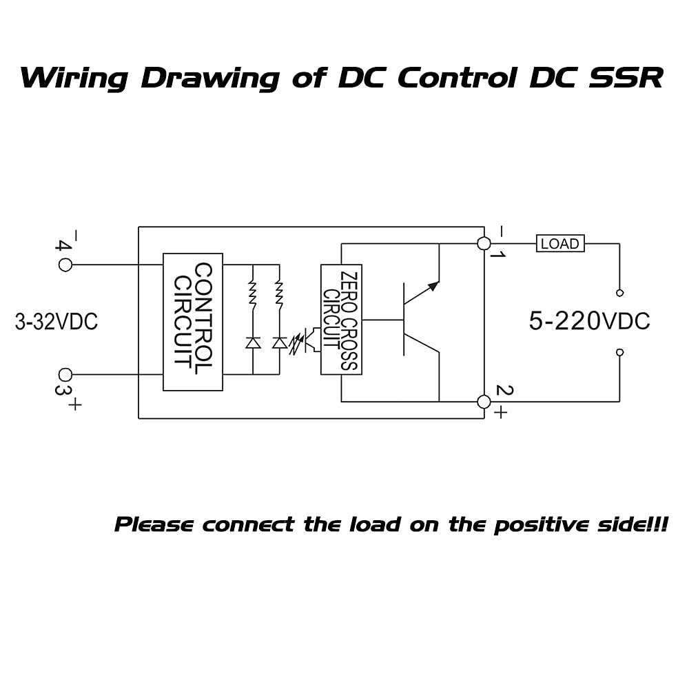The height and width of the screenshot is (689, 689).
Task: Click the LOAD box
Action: click(x=560, y=243)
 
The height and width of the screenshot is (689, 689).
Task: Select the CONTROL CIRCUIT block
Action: click(x=193, y=322)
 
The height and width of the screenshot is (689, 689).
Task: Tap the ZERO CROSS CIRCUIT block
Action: click(x=341, y=320)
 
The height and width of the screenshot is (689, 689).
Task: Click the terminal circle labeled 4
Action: click(x=65, y=264)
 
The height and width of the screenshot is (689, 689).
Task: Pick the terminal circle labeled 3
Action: click(x=65, y=375)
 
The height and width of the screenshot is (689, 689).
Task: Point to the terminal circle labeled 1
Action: click(x=484, y=243)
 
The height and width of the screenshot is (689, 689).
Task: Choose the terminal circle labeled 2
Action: click(x=484, y=402)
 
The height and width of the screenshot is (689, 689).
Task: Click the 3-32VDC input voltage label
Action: click(x=56, y=322)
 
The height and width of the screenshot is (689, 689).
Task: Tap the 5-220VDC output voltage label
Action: click(x=589, y=321)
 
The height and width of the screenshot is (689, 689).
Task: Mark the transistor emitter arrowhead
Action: click(x=432, y=286)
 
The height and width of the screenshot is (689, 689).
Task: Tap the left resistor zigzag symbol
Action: click(x=253, y=293)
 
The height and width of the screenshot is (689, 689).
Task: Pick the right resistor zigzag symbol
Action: click(x=279, y=293)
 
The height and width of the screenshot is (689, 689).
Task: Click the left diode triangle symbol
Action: click(x=253, y=342)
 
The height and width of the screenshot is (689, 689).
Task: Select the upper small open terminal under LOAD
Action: click(x=619, y=293)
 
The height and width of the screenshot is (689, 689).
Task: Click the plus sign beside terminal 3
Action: click(x=74, y=404)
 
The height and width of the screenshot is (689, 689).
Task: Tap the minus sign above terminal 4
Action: click(x=74, y=236)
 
